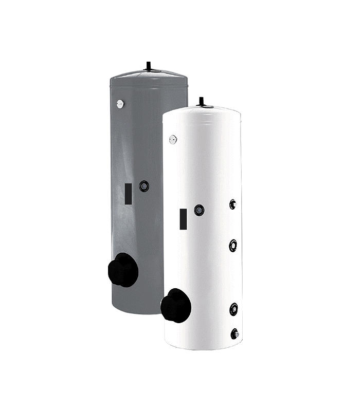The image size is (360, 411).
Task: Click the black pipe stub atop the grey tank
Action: click(149, 64)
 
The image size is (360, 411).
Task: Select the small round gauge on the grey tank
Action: click(120, 104)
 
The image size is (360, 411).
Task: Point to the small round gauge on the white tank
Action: click(173, 139)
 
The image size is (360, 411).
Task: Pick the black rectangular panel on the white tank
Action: click(182, 218)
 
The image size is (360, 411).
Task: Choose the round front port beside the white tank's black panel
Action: click(199, 210)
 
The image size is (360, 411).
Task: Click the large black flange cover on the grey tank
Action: click(123, 270)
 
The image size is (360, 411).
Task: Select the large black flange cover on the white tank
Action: click(176, 306)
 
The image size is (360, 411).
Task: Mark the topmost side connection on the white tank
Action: click(233, 204)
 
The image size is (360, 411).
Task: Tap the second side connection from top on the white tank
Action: click(233, 245)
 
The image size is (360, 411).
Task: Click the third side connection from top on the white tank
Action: click(234, 309)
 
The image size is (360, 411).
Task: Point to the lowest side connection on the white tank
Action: click(235, 333)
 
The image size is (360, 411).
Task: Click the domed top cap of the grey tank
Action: click(149, 77)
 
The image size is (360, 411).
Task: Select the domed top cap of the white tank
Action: click(202, 111)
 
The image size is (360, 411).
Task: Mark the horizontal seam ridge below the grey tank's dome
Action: click(149, 86)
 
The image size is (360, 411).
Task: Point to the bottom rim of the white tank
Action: click(203, 347)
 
